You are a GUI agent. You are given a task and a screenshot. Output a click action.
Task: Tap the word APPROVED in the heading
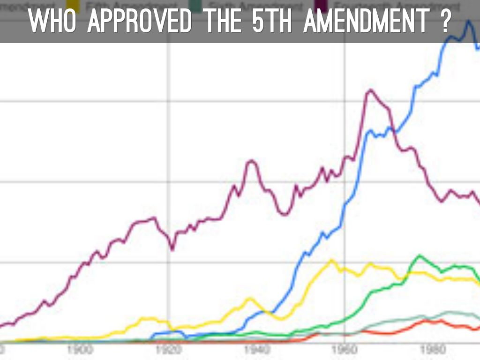pyautogui.click(x=139, y=21)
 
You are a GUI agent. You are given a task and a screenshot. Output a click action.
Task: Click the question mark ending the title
pyautogui.click(x=445, y=21)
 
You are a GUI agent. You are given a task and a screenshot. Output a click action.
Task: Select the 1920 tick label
pyautogui.click(x=169, y=350)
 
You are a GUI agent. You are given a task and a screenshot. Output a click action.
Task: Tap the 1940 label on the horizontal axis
pyautogui.click(x=257, y=350)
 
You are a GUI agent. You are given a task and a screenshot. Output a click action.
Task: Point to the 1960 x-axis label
pyautogui.click(x=345, y=350)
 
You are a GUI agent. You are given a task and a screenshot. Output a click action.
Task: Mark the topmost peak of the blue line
pyautogui.click(x=467, y=22)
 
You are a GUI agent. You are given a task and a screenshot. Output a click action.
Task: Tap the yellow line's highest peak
pyautogui.click(x=332, y=260)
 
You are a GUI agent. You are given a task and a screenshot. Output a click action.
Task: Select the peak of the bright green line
pyautogui.click(x=419, y=256)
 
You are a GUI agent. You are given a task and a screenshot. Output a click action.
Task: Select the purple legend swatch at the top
pyautogui.click(x=321, y=6)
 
